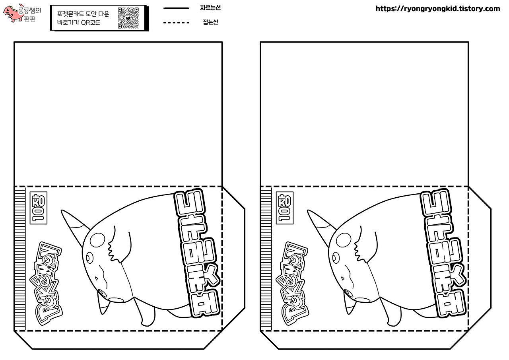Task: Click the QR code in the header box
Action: (x=128, y=18)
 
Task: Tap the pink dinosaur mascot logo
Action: (x=13, y=14)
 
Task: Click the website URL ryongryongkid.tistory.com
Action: (x=438, y=9)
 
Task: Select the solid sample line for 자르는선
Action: (x=176, y=8)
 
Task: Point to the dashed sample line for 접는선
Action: (x=176, y=23)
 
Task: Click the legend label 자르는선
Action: (x=210, y=8)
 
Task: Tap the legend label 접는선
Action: (x=210, y=22)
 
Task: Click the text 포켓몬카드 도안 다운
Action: (x=83, y=14)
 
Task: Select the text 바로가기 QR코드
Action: (x=79, y=23)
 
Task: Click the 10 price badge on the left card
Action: (x=39, y=208)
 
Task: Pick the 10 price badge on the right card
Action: (x=285, y=208)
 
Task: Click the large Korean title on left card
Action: (x=197, y=253)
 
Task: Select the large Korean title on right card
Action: (x=443, y=253)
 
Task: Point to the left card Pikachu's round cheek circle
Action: (x=97, y=240)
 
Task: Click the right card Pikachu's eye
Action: (x=336, y=258)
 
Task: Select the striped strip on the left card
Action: (x=20, y=259)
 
